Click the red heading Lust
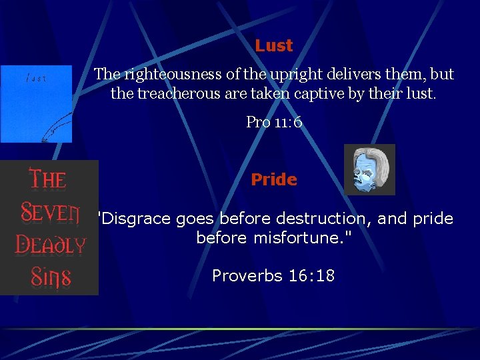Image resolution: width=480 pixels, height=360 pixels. (x=273, y=46)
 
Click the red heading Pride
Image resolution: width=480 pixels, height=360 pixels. (x=273, y=180)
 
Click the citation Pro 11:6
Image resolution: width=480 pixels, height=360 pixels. (x=273, y=123)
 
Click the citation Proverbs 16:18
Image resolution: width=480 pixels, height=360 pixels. (x=273, y=275)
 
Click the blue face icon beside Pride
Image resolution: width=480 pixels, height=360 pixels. (x=369, y=169)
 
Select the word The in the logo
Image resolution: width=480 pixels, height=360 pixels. (x=48, y=179)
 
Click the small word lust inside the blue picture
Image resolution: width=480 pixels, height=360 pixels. (x=35, y=78)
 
